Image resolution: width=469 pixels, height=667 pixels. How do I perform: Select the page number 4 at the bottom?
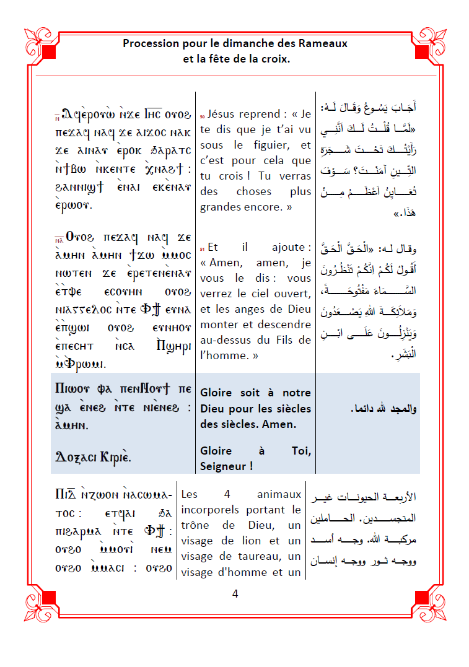click(235, 593)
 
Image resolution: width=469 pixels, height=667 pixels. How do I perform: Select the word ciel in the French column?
click(270, 293)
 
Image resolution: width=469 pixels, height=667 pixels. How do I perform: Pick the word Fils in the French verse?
click(284, 339)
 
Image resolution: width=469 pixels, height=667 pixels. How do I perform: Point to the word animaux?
click(279, 494)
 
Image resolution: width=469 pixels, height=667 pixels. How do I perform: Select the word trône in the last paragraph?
click(197, 525)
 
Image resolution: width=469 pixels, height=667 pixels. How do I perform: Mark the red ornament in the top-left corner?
click(43, 43)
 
